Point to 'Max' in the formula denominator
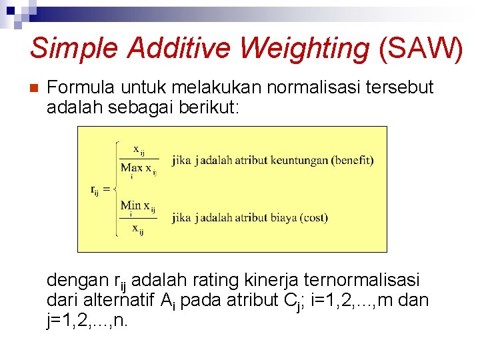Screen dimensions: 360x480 (131, 167)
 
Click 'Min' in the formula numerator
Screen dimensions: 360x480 (131, 205)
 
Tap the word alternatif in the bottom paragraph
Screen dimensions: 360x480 (117, 300)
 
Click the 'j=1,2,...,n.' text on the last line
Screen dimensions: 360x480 (87, 321)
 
